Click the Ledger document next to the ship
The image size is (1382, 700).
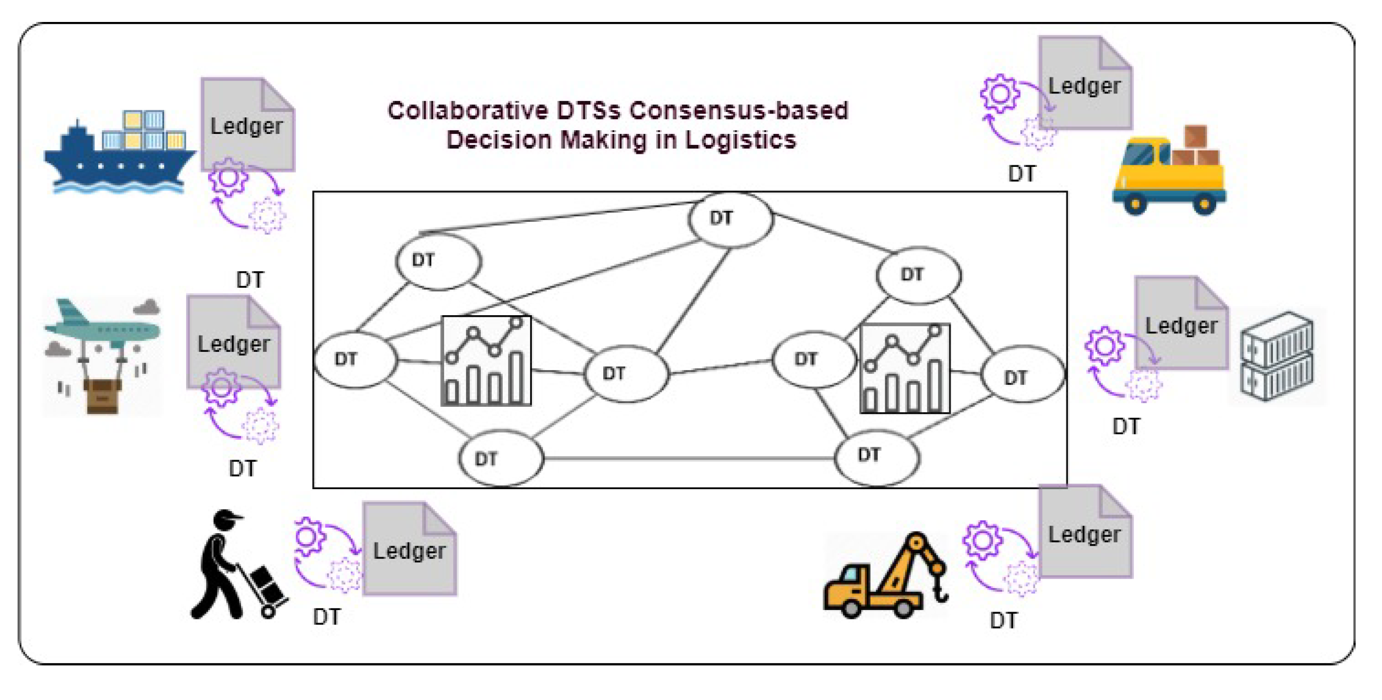point(247,125)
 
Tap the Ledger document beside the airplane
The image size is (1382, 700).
point(233,343)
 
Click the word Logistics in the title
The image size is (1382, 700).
point(741,140)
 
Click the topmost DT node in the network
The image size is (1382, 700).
point(731,219)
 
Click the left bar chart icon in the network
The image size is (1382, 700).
point(486,361)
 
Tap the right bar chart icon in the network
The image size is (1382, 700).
point(904,368)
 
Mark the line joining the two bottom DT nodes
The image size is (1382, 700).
point(689,458)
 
